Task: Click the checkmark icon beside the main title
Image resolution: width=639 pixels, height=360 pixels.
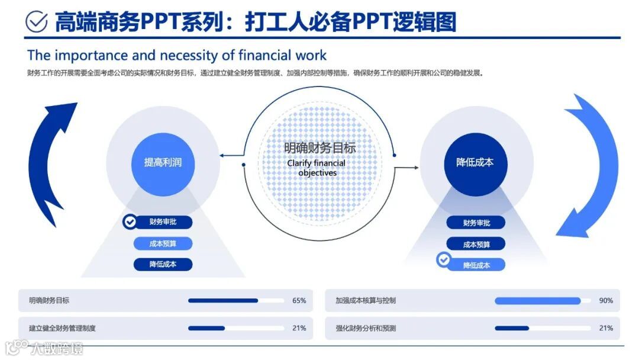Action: (37, 21)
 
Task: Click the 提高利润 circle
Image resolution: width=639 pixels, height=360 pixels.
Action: (163, 162)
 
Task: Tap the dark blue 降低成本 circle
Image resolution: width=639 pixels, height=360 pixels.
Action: (475, 162)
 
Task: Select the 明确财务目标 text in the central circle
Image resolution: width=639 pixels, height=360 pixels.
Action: (319, 148)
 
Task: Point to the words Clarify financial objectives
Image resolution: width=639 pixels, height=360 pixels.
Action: (317, 168)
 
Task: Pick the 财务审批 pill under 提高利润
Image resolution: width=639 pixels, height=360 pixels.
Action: (163, 222)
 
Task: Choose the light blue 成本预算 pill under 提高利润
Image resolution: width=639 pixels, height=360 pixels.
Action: (163, 243)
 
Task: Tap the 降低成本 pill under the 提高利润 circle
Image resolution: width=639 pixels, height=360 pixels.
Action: (163, 264)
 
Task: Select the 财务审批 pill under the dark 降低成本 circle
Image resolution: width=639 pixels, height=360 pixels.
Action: (476, 223)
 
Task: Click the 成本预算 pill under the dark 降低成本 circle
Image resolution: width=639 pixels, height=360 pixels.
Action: (476, 244)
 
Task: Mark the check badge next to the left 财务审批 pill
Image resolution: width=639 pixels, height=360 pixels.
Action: (130, 222)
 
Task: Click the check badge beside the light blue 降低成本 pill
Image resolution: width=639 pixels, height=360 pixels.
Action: (443, 259)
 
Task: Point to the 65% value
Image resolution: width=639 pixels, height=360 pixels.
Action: (299, 301)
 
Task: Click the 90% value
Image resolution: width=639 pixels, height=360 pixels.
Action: (606, 301)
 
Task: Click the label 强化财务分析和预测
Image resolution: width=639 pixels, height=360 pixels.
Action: (366, 328)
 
